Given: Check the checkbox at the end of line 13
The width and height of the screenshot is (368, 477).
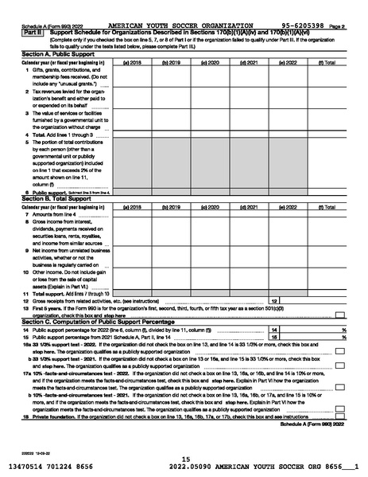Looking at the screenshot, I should (x=339, y=314).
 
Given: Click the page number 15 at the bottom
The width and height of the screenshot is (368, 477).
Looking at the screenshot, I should (x=185, y=458).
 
